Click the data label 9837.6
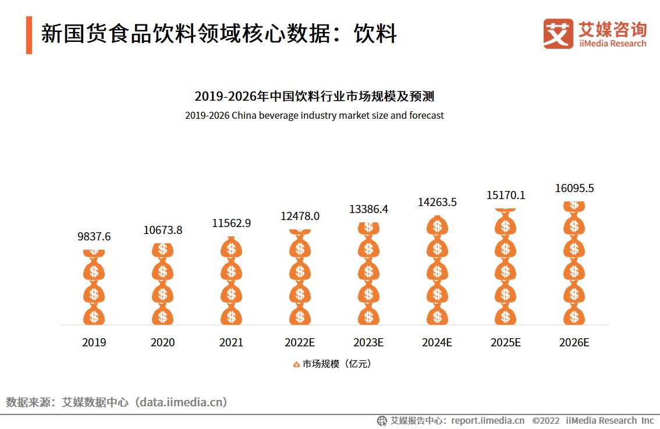(x=94, y=237)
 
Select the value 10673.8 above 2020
(x=162, y=231)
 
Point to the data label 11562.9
(x=231, y=223)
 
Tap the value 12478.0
(x=300, y=216)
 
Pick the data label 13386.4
(x=368, y=209)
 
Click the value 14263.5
(x=437, y=202)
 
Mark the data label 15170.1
(x=506, y=195)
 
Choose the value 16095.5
(x=574, y=188)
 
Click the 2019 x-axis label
(x=94, y=342)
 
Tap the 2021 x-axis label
(x=231, y=342)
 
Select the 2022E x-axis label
(x=300, y=342)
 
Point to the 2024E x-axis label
(x=437, y=342)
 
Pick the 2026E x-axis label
(x=574, y=342)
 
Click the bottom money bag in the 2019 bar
(x=94, y=315)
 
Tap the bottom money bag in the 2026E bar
(x=574, y=315)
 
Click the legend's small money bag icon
(x=296, y=364)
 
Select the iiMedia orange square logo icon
(x=558, y=34)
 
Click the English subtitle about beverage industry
(x=314, y=115)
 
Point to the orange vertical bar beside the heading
(x=29, y=35)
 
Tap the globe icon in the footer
(x=382, y=420)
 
